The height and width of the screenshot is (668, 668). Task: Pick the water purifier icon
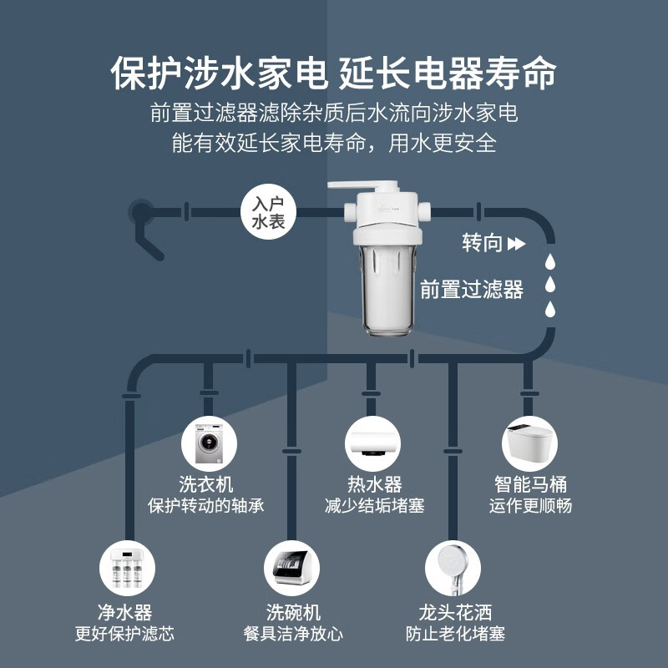click(125, 569)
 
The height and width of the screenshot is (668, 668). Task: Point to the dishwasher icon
click(292, 569)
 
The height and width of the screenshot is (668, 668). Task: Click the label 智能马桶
click(530, 483)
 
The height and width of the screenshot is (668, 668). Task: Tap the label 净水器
click(125, 613)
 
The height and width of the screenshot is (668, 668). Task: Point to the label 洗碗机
click(293, 613)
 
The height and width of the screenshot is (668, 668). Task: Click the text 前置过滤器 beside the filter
click(472, 290)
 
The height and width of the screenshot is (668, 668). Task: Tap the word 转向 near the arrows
click(483, 243)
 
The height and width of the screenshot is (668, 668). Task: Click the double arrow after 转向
click(517, 244)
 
